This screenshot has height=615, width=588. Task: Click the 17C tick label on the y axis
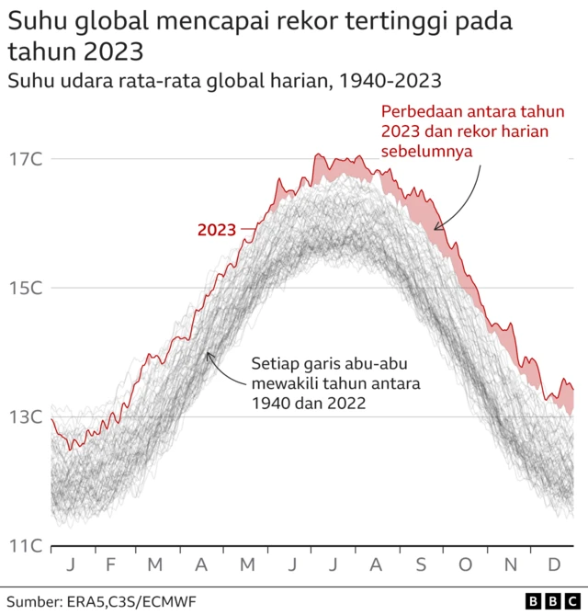(27, 159)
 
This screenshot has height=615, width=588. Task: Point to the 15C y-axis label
(27, 288)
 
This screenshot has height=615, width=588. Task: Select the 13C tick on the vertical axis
(27, 417)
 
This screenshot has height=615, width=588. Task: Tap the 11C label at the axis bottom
(27, 546)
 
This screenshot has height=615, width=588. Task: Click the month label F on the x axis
(110, 564)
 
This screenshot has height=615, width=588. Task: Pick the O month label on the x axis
(467, 564)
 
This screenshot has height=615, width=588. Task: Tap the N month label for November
(512, 564)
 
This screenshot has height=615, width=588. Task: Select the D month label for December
(556, 564)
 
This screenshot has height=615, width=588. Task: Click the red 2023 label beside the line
(217, 230)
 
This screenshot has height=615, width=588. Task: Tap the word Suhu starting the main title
(38, 20)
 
